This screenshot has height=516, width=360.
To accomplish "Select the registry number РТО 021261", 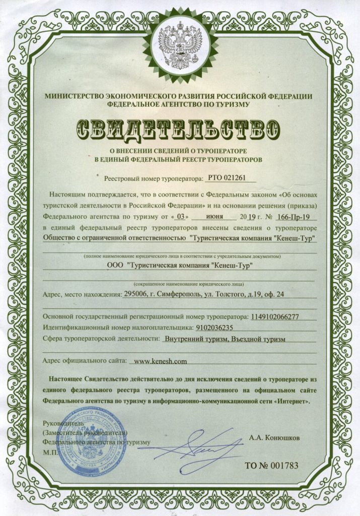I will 229,178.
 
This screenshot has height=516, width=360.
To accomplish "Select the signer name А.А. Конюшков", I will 274,438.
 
